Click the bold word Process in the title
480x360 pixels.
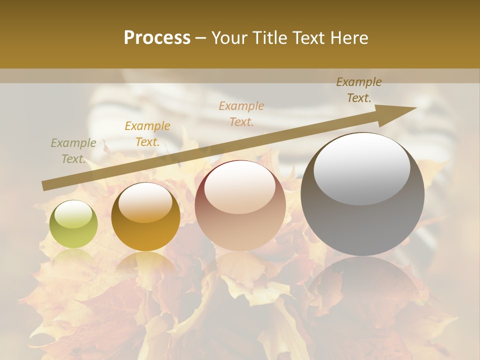[157, 38]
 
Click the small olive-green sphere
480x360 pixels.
[73, 224]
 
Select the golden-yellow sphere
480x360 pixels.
[145, 216]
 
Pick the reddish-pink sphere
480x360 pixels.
[240, 205]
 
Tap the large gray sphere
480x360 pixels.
[362, 194]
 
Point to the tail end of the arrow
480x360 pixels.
[45, 186]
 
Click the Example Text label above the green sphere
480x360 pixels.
[73, 151]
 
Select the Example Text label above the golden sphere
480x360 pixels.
[147, 134]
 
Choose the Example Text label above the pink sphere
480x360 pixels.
[241, 114]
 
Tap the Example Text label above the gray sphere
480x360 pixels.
[359, 90]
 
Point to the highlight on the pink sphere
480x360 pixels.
[239, 187]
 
